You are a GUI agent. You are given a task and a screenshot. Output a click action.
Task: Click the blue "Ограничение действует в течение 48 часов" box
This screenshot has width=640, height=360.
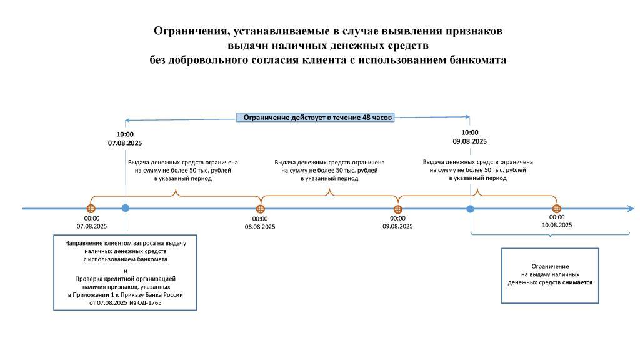(x=316, y=117)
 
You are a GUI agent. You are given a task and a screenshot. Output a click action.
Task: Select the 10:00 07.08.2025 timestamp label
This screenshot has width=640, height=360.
(x=125, y=138)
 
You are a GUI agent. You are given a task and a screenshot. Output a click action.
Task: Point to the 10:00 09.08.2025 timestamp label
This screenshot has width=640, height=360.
(x=470, y=137)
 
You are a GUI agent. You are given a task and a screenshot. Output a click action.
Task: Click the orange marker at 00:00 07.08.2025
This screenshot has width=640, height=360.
(x=91, y=209)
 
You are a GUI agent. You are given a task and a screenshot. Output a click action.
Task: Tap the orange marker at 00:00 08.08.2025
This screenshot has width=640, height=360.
(x=261, y=209)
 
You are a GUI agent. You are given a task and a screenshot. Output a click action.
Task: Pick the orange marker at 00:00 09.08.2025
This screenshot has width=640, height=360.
(x=398, y=209)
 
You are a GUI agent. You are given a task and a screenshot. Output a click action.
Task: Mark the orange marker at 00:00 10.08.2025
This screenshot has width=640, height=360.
(x=557, y=209)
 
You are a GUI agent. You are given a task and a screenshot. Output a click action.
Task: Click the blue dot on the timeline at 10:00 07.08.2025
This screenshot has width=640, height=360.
(x=125, y=208)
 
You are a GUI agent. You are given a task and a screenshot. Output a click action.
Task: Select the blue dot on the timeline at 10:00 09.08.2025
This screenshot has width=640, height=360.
(x=471, y=209)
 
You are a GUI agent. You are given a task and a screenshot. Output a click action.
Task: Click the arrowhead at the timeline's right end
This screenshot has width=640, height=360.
(x=631, y=209)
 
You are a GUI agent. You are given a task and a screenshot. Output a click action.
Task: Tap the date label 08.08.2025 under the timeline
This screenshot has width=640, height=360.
(x=260, y=227)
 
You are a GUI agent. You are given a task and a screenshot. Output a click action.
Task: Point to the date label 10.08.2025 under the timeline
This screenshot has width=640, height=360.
(x=557, y=225)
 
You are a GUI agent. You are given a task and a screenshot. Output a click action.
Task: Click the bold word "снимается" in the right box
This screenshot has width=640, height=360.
(x=577, y=282)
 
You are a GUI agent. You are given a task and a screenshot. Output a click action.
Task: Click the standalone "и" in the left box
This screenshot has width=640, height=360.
(x=125, y=271)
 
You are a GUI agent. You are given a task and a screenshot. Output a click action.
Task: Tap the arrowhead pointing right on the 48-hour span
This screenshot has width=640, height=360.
(x=467, y=117)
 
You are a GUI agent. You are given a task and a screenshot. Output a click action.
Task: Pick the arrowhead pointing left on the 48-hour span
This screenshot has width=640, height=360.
(x=127, y=121)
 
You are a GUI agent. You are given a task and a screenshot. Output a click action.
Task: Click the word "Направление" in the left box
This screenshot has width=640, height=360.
(x=81, y=243)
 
